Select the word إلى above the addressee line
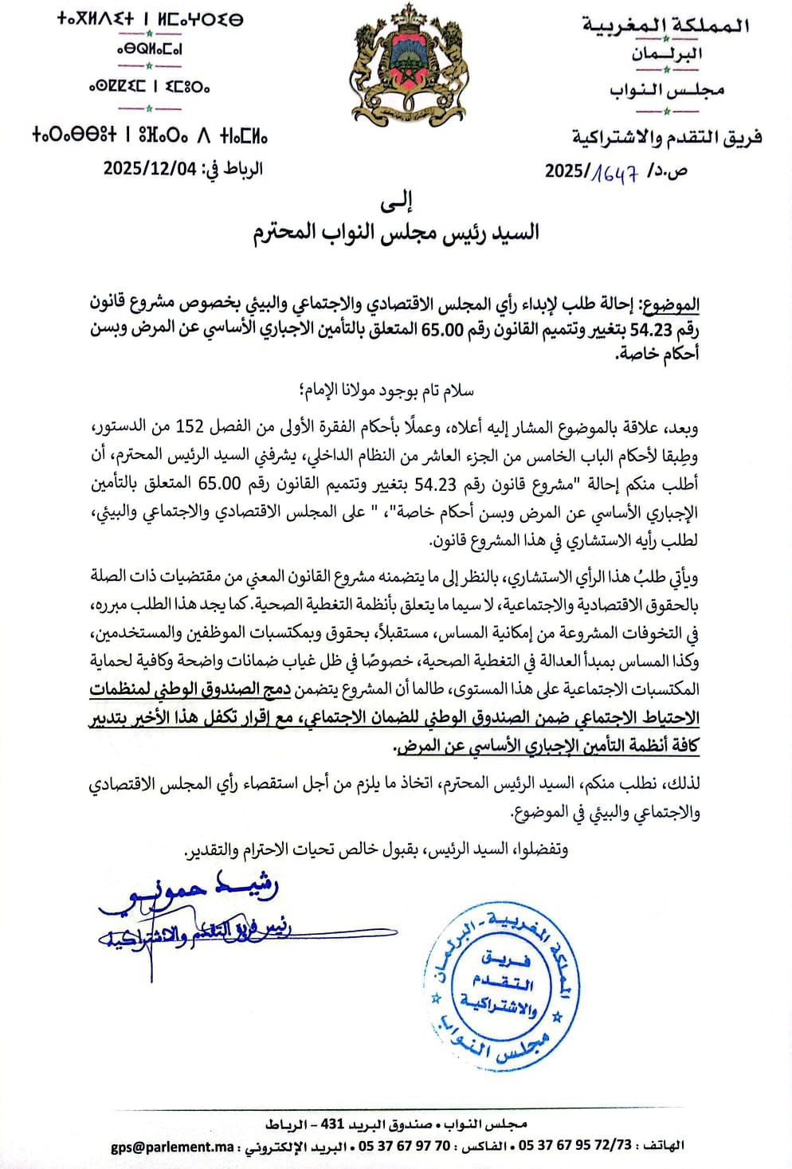click(x=396, y=202)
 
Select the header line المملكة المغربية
click(x=666, y=25)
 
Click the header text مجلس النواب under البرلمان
click(x=668, y=91)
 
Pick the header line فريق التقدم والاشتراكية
click(x=666, y=138)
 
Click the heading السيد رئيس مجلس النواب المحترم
click(x=396, y=233)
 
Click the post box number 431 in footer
click(x=331, y=1124)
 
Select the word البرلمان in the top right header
click(x=668, y=55)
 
